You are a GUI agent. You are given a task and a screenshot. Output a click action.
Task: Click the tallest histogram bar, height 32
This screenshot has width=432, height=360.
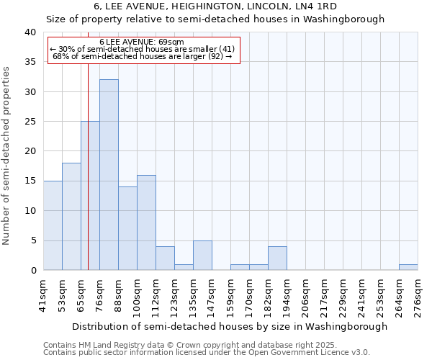[x=109, y=175]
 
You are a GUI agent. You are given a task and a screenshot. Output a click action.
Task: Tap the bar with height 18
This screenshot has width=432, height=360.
[x=71, y=216]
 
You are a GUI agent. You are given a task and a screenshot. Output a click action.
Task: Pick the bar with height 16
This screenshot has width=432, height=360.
[x=146, y=222]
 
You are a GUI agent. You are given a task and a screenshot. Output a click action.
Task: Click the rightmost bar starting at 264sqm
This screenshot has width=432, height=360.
[x=408, y=267]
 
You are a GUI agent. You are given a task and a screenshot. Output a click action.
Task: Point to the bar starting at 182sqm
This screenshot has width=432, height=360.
[x=277, y=258]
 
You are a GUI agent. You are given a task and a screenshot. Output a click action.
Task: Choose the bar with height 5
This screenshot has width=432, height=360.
[x=202, y=256]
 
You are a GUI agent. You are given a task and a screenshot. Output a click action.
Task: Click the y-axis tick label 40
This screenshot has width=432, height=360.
[x=30, y=32]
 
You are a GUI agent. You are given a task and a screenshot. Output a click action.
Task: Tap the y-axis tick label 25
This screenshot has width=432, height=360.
[x=30, y=122]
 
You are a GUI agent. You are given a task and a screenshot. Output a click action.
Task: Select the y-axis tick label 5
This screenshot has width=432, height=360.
[x=32, y=240]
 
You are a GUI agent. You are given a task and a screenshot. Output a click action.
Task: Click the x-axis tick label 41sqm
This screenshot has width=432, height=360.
[x=43, y=295]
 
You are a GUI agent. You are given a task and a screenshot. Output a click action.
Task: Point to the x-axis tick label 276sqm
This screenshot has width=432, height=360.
[x=418, y=295]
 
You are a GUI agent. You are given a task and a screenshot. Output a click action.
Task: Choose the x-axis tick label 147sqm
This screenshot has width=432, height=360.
[x=212, y=295]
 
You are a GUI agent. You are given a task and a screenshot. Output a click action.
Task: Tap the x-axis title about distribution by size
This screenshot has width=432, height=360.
[x=230, y=326]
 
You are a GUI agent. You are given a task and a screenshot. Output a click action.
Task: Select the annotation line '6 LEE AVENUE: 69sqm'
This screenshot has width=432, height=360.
[x=142, y=42]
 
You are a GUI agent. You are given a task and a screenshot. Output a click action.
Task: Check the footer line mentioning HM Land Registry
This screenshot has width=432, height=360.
[x=190, y=345]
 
